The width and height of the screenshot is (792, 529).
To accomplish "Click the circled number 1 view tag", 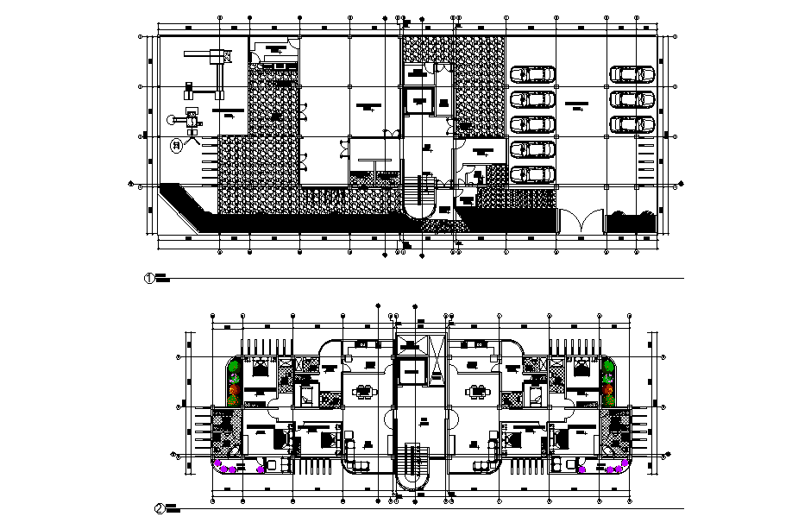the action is click(148, 278).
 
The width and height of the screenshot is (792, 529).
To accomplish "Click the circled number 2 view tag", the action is click(160, 508).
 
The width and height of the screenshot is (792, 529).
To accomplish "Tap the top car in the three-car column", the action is click(632, 75).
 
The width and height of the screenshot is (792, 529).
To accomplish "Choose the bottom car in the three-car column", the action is click(632, 124).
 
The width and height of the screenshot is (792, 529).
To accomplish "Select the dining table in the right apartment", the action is click(476, 391).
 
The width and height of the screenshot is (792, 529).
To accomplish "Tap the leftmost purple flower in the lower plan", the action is click(221, 468).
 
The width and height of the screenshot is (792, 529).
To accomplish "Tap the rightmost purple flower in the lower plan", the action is click(621, 468).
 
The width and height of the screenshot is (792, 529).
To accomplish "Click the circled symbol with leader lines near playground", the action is click(177, 146).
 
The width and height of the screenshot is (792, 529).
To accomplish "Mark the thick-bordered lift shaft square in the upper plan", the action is click(419, 99).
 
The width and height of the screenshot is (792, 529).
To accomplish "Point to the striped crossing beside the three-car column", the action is click(643, 160).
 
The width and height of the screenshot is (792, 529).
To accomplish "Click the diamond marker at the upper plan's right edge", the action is click(681, 184).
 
